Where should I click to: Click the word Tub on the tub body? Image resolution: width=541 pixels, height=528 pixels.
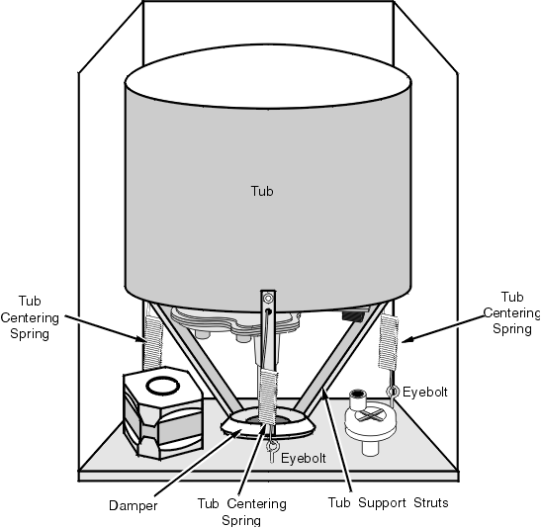click(262, 191)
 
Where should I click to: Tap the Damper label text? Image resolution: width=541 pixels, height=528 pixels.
click(134, 505)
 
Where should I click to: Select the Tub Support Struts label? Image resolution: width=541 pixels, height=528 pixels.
click(388, 502)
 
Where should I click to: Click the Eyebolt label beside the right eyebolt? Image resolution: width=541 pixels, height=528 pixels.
click(425, 393)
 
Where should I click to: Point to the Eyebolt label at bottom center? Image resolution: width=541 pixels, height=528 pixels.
click(304, 458)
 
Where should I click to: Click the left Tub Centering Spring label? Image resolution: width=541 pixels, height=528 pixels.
click(30, 317)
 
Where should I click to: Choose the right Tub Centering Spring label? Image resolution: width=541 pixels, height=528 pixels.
click(511, 312)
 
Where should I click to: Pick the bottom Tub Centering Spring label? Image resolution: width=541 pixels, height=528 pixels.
click(241, 512)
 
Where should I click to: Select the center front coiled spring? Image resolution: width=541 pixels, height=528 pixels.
click(268, 396)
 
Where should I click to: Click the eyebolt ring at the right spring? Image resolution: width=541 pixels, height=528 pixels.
click(392, 392)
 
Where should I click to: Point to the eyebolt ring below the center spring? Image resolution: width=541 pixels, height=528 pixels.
click(272, 446)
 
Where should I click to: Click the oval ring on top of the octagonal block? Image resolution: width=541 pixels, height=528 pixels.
click(163, 386)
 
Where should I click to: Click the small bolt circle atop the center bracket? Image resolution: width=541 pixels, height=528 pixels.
click(268, 298)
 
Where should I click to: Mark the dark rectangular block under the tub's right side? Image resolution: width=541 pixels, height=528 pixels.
click(352, 314)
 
